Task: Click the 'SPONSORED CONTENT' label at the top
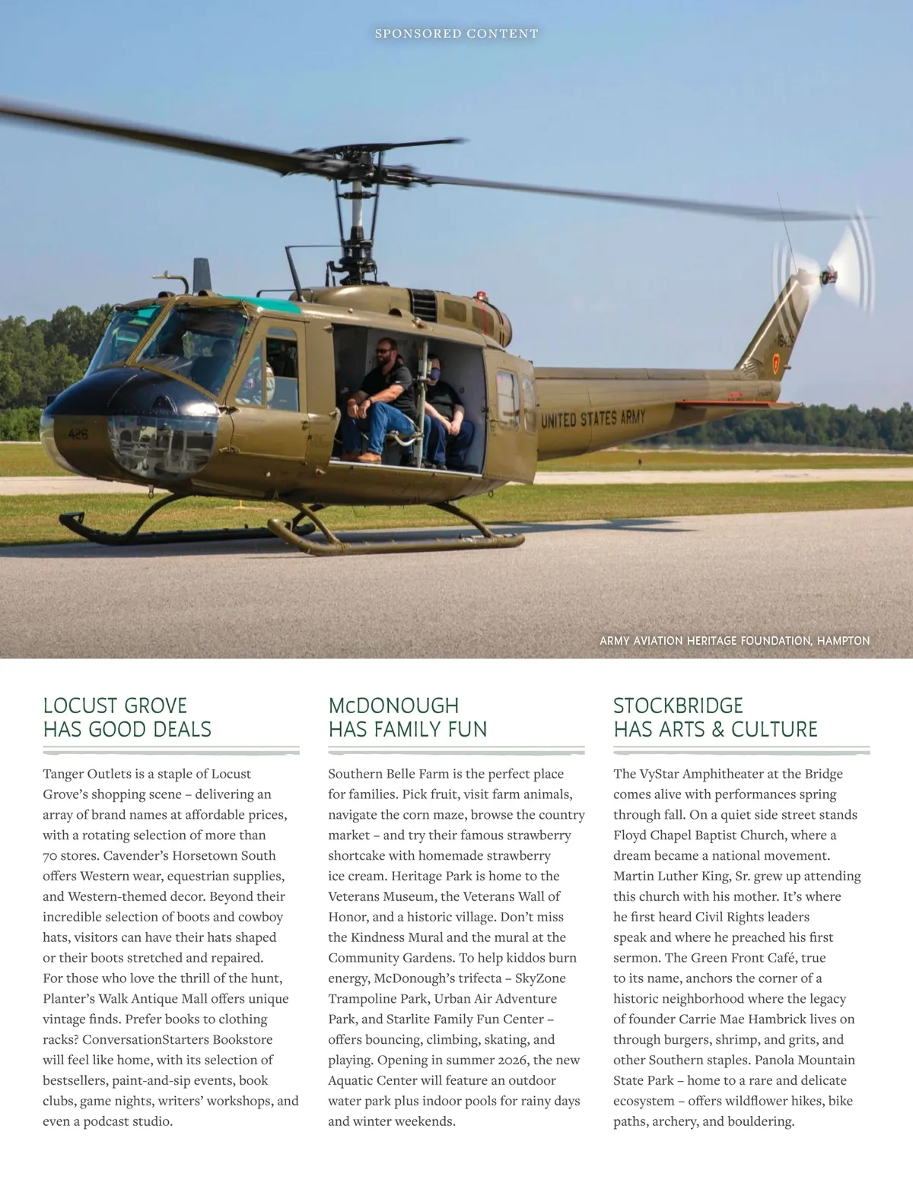(456, 33)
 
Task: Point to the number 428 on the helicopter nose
(78, 434)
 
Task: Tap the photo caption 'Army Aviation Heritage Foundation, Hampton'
(734, 641)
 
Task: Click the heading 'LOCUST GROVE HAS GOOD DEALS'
(127, 717)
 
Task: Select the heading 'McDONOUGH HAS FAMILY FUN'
(408, 717)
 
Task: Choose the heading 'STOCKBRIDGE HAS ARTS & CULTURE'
(715, 717)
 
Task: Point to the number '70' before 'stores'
(50, 856)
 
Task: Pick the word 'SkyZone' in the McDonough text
(540, 978)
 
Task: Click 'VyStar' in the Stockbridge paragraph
(659, 774)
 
